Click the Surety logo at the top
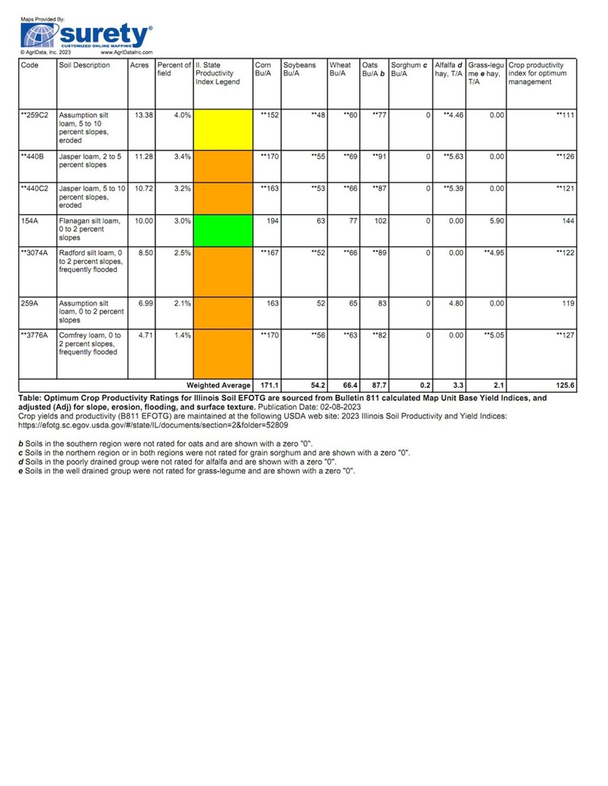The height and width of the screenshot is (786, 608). point(87,36)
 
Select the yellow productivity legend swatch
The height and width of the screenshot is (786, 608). point(223,129)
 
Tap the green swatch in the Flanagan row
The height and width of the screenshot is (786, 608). point(223,230)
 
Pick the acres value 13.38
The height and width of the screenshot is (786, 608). point(144,115)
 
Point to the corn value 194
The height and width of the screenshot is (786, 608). point(273,221)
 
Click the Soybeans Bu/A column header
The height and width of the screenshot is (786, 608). point(299,69)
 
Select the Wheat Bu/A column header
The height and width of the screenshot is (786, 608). point(340,69)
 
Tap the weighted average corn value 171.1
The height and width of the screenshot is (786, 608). point(270,385)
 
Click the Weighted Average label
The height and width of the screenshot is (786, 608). point(218,385)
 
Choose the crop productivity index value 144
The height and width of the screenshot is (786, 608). point(568,221)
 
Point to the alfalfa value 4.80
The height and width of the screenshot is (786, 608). point(456,303)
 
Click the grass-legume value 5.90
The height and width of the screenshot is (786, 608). point(497,221)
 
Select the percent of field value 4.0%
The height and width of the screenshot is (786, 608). point(182,115)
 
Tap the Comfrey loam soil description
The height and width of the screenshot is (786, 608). point(89,344)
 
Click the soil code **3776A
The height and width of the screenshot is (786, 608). point(34,335)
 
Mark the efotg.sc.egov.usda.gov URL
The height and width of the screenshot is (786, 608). point(153,425)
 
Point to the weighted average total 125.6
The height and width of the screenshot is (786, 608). point(565,385)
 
